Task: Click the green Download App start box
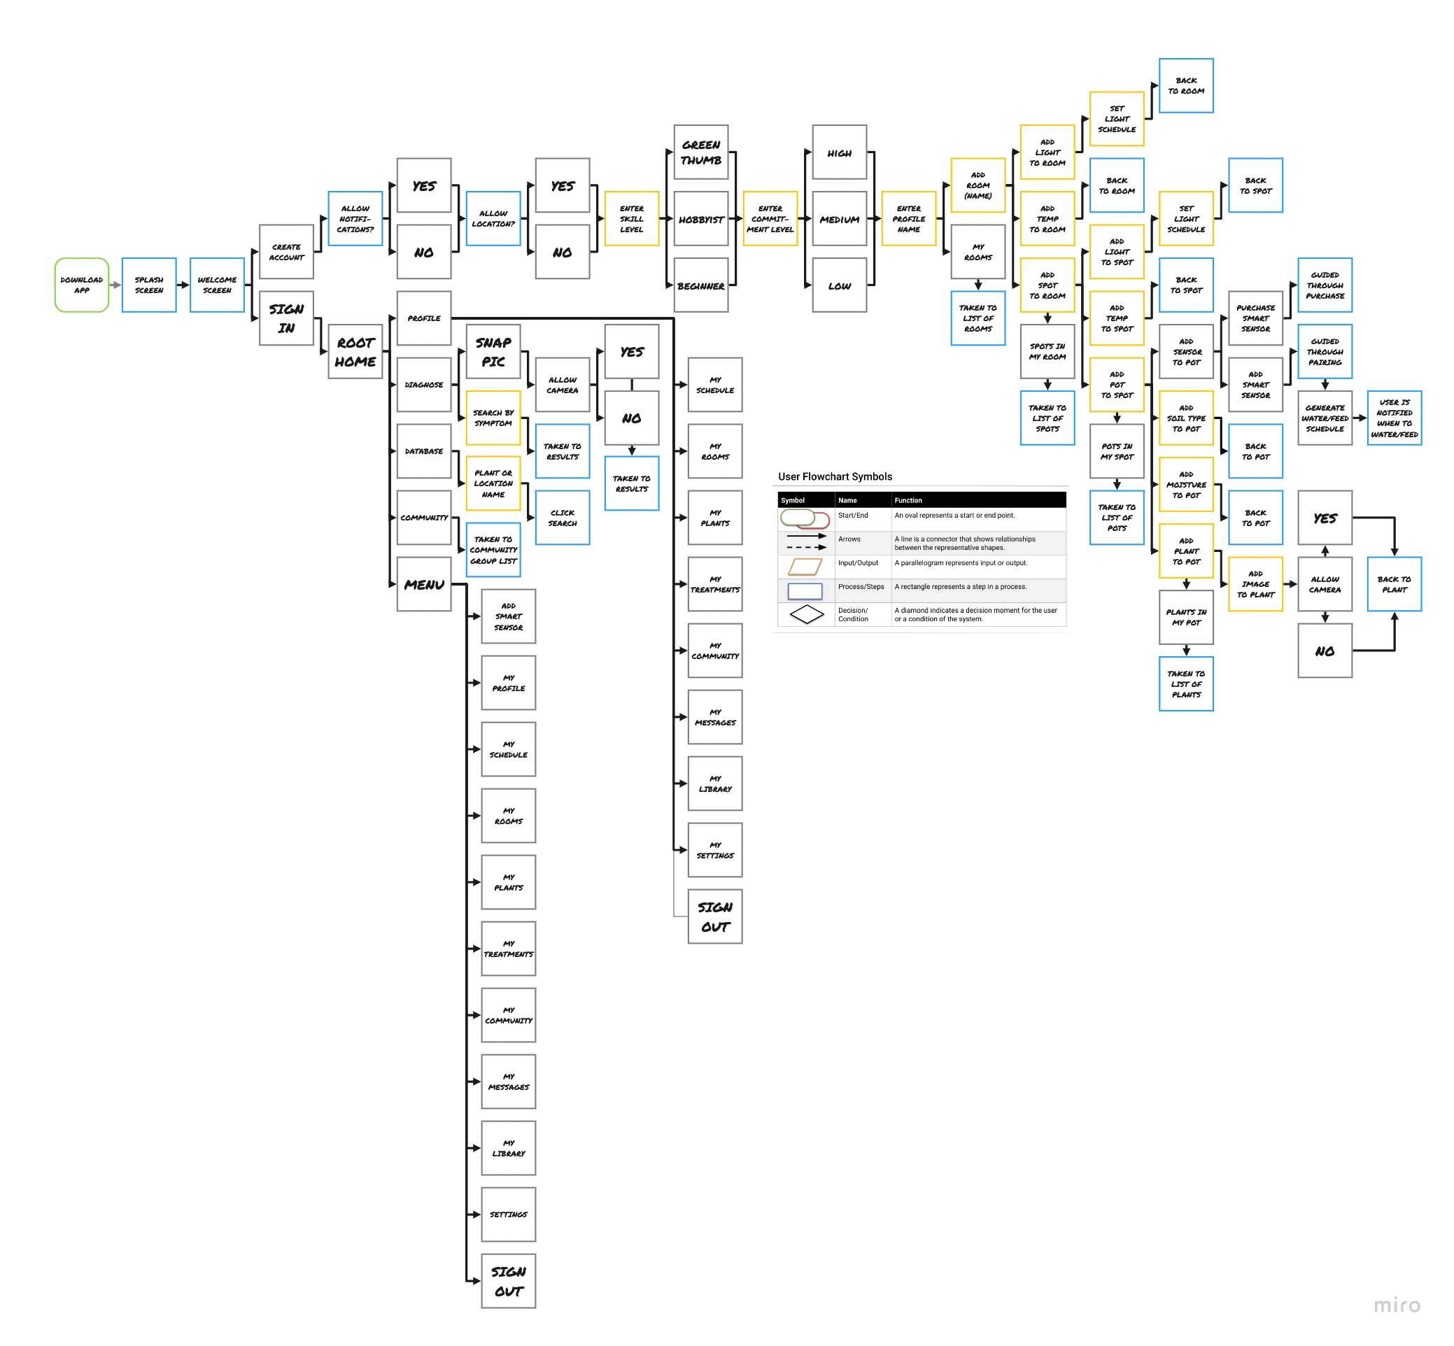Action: click(x=82, y=285)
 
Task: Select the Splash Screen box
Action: click(x=148, y=285)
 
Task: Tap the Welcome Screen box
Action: click(x=217, y=285)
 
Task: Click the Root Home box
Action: click(x=355, y=352)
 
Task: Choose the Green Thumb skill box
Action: click(x=701, y=153)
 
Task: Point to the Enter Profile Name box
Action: click(x=908, y=218)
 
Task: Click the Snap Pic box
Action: click(x=493, y=352)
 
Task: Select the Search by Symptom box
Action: click(x=493, y=418)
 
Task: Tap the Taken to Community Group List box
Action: click(x=493, y=550)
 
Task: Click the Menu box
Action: click(x=424, y=584)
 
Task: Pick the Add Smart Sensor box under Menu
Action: click(x=509, y=616)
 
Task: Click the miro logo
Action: click(x=1397, y=1305)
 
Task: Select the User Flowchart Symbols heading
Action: click(x=835, y=476)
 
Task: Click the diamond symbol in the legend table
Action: click(x=806, y=615)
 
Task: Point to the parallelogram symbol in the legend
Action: click(x=805, y=567)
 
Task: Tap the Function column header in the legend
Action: click(x=908, y=500)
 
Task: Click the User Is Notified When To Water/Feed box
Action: click(x=1395, y=418)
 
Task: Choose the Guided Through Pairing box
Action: click(x=1325, y=352)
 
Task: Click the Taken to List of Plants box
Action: click(x=1186, y=684)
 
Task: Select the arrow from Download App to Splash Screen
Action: click(x=115, y=285)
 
